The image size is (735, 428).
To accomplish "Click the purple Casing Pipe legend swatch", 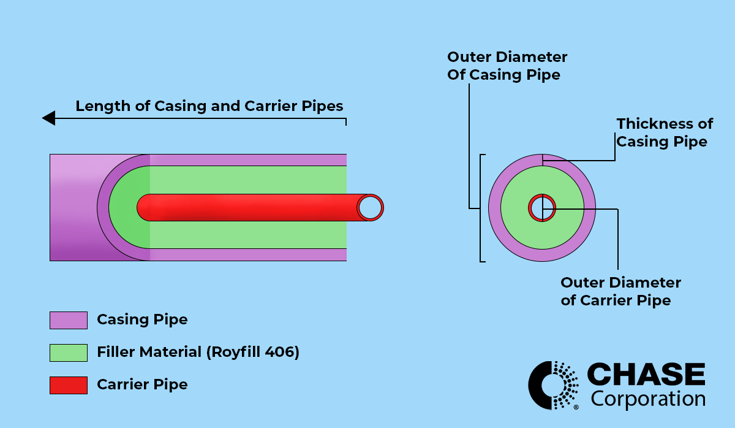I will (x=68, y=320).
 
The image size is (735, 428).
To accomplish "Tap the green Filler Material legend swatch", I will (x=68, y=353).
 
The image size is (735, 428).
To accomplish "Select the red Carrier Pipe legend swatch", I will (x=68, y=385).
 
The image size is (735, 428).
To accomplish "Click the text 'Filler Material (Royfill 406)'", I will (x=198, y=353).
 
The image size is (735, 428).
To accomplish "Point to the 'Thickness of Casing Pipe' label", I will (x=664, y=132).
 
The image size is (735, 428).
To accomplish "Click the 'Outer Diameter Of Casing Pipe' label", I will (x=507, y=66).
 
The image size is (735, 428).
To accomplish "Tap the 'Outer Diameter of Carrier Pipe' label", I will (x=620, y=291).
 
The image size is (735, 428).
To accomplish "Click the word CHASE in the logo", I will (x=646, y=374).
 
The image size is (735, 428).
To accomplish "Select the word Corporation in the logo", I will (x=648, y=399).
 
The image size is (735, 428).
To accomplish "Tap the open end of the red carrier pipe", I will (x=370, y=208).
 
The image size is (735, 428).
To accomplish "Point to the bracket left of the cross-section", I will (x=482, y=208).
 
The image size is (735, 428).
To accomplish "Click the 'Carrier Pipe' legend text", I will (x=142, y=385).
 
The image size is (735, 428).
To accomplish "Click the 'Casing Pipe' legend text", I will (x=142, y=320).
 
